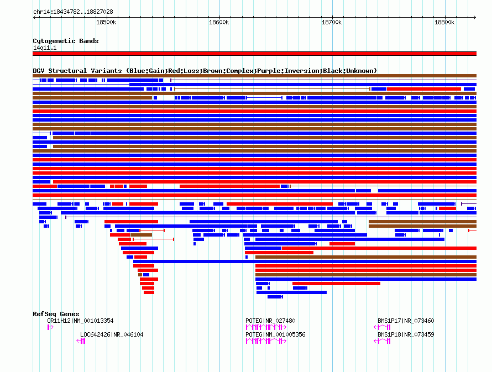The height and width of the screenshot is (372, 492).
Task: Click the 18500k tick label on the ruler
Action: coord(106,22)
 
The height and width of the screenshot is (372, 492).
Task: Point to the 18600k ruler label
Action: coord(219,22)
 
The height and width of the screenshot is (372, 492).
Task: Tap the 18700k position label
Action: coord(332,22)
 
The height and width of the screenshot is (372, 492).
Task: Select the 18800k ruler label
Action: coord(444,22)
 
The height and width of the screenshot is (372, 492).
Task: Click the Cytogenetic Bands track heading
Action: coord(65,41)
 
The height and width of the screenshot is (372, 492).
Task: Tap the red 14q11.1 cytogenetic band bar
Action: coord(254,54)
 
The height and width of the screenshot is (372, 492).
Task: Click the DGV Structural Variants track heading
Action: coord(205,71)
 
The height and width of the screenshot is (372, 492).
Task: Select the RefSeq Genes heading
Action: coord(56,314)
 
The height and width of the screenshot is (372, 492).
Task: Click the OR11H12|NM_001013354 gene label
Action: coord(80,321)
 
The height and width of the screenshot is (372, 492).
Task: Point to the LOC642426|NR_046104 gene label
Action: coord(112,334)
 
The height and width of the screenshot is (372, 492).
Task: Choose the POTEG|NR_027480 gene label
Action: coord(270,321)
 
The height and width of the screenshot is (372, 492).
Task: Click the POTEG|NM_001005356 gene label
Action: coord(275,334)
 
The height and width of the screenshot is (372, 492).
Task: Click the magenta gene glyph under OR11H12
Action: coord(50,327)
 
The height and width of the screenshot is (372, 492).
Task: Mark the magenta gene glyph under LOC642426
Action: coord(81,341)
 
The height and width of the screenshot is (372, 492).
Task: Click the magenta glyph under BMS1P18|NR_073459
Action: coord(383,341)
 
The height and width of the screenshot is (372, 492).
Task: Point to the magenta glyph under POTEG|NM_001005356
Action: coord(266,341)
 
